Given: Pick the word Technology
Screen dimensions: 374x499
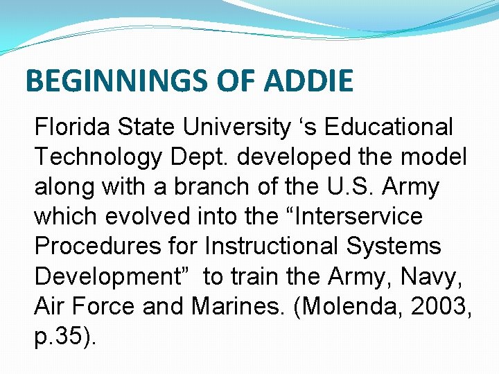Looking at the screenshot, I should pos(97,157).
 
